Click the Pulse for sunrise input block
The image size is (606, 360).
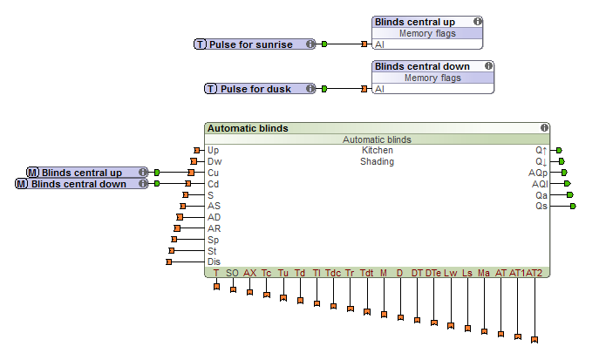tap(255, 44)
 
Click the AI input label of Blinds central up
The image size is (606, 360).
tap(379, 44)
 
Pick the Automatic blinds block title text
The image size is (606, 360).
tap(248, 128)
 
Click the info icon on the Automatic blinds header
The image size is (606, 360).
tap(544, 128)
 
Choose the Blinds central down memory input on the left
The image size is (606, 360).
tap(81, 184)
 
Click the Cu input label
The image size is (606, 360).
tap(214, 173)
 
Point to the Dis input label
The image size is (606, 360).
tap(214, 262)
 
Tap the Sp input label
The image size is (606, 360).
tap(214, 239)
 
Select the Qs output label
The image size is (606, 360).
tap(541, 206)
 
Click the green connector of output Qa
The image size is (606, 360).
tap(572, 195)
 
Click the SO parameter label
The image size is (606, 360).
tap(232, 273)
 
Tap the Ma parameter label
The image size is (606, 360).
tap(483, 273)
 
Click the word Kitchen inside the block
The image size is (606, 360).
tap(378, 150)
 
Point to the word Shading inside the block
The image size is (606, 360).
tap(378, 161)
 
